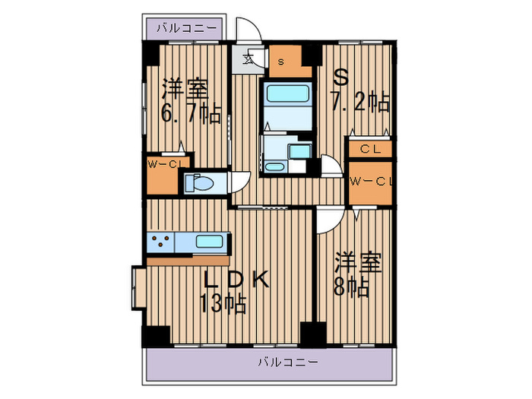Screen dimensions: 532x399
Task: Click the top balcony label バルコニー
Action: coord(187,28)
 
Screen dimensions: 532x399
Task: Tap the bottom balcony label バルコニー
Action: coord(288,362)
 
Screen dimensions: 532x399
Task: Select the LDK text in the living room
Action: coord(236,280)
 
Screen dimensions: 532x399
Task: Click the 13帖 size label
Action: coord(223,303)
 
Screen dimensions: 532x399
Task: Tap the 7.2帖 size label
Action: coord(360,101)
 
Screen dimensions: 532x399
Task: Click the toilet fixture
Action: coord(199,183)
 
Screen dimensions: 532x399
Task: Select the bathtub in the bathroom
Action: coord(288,93)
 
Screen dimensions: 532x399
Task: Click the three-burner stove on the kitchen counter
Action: coord(160,242)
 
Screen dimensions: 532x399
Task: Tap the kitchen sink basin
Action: coord(210,242)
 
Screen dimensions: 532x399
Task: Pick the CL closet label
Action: coord(371,149)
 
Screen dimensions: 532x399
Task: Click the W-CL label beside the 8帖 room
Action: coord(372,182)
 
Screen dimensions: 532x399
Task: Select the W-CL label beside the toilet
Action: coord(165,165)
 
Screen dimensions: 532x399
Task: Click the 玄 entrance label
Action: coord(249,60)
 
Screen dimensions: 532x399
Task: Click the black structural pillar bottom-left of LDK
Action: coord(157,336)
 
